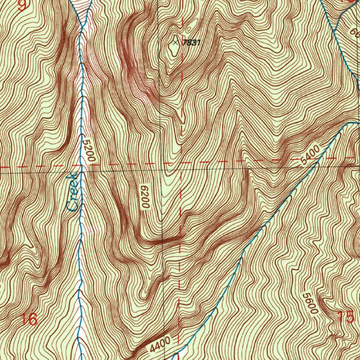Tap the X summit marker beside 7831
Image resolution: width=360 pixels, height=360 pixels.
175,42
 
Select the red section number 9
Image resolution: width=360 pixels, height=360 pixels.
22,5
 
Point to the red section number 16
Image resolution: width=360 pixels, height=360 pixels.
29,320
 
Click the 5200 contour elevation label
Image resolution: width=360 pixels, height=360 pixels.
88,151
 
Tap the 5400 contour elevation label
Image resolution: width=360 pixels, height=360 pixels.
311,156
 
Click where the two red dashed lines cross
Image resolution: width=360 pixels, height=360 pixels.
181,163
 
